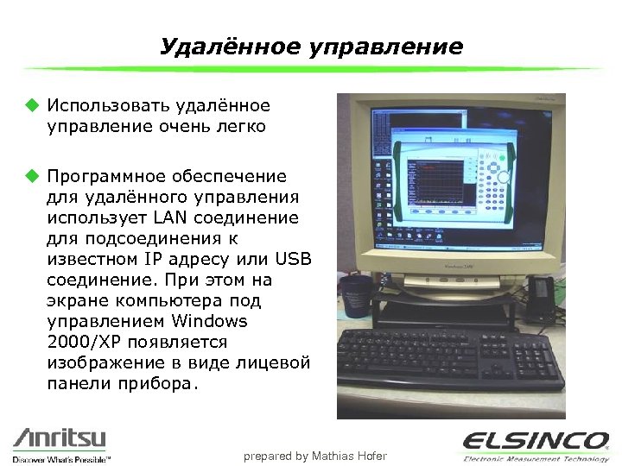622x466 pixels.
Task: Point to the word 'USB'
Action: (x=293, y=259)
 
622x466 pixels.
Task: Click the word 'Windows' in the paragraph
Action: (x=209, y=321)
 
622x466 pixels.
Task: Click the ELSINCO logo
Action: (x=535, y=440)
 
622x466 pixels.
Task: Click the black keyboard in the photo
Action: (x=449, y=362)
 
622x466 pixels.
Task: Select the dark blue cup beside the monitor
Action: (x=355, y=299)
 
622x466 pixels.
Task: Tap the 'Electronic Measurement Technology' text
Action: (x=535, y=458)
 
